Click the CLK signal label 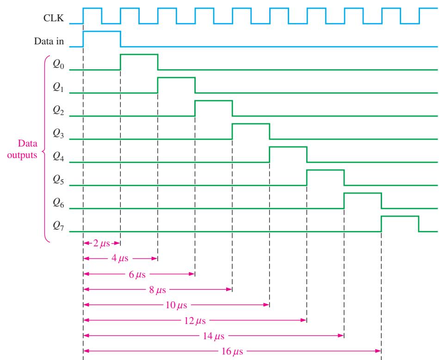coord(54,18)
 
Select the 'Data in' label coord(49,42)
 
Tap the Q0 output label coord(58,65)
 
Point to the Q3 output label coord(58,134)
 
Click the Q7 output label coord(58,226)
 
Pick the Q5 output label coord(58,180)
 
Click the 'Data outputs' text coord(22,149)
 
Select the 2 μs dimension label coord(101,244)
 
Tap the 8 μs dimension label coord(157,289)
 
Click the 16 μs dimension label coord(232,351)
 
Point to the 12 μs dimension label coord(195,320)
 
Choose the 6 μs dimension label coord(137,274)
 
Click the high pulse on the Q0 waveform coord(139,55)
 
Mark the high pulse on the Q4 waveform coord(288,147)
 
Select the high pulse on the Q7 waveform coord(400,216)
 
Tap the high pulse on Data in coord(102,31)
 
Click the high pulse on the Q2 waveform coord(214,101)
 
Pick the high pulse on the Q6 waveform coord(363,193)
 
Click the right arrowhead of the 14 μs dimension coord(341,336)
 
